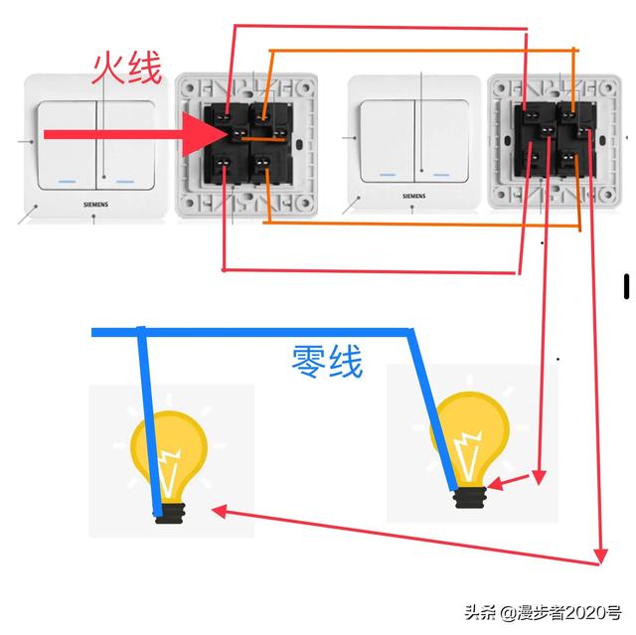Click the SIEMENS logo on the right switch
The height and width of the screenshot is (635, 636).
tap(413, 197)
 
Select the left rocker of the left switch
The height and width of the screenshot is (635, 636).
tap(68, 144)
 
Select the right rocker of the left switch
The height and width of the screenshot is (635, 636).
tap(126, 144)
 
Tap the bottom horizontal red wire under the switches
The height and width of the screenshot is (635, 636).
tap(368, 270)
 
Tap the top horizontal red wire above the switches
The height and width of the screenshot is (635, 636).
tap(378, 28)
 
